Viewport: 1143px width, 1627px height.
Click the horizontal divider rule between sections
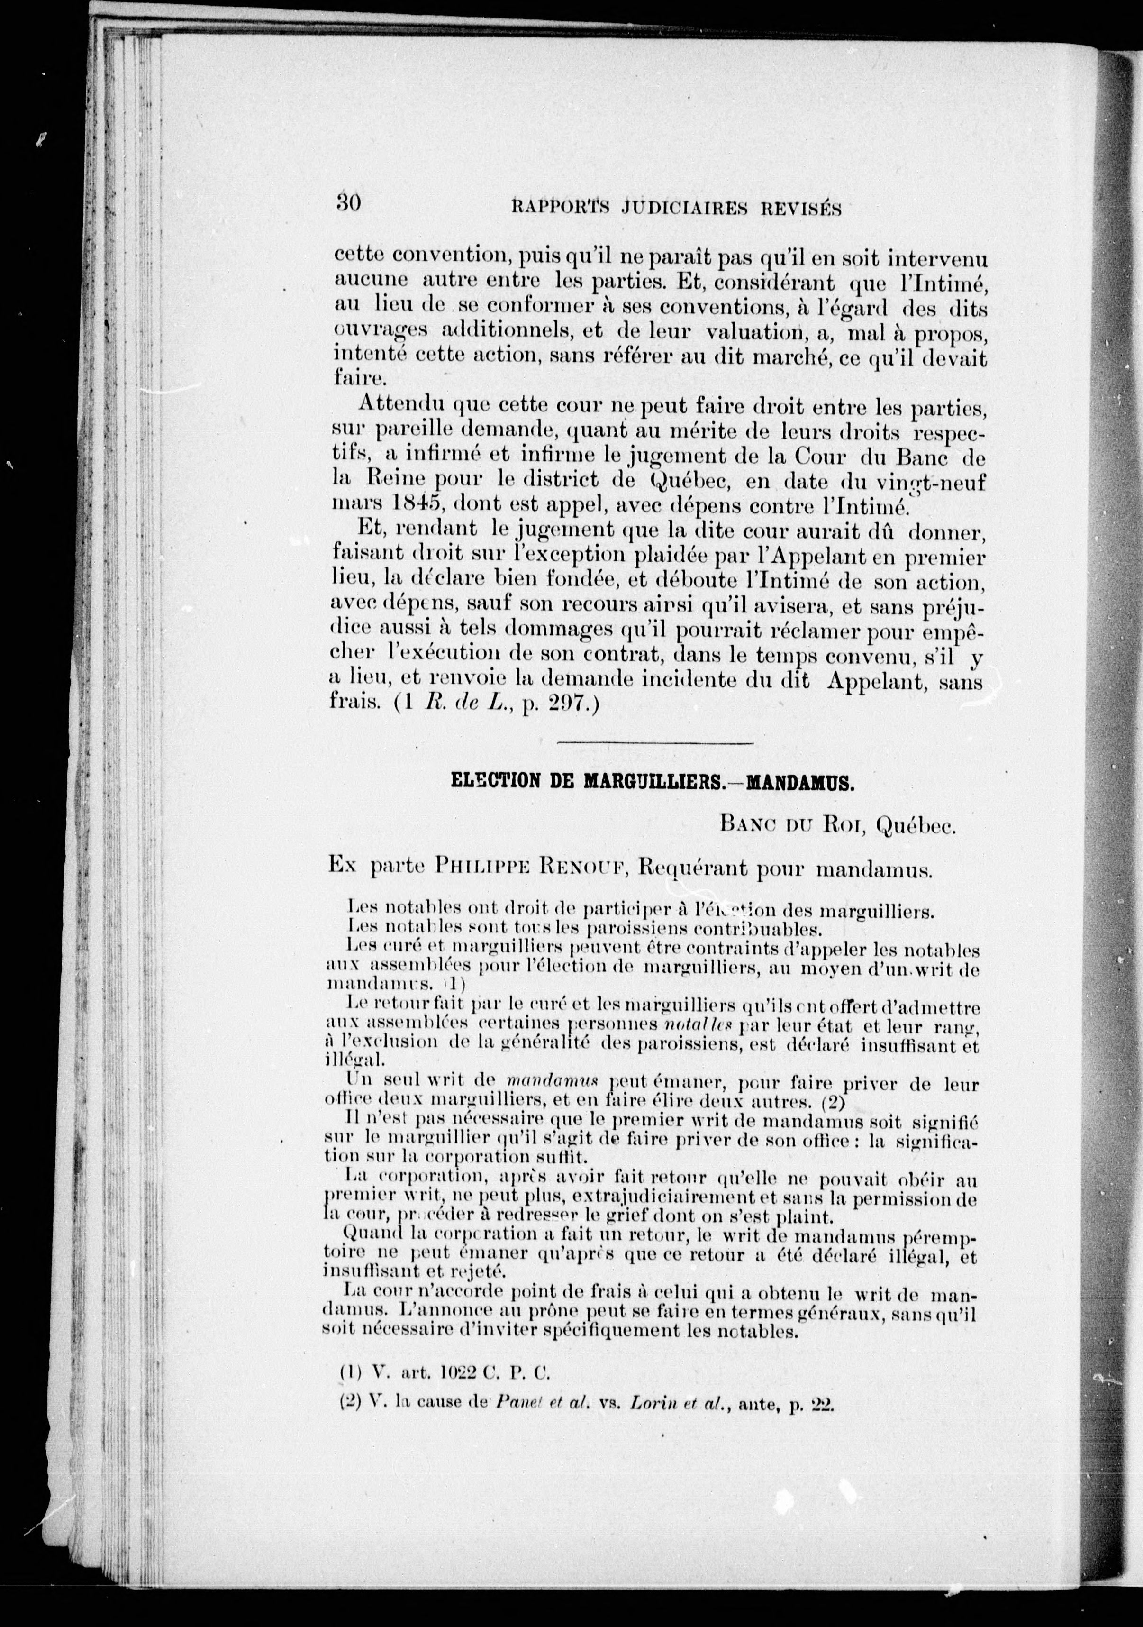tap(654, 743)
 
